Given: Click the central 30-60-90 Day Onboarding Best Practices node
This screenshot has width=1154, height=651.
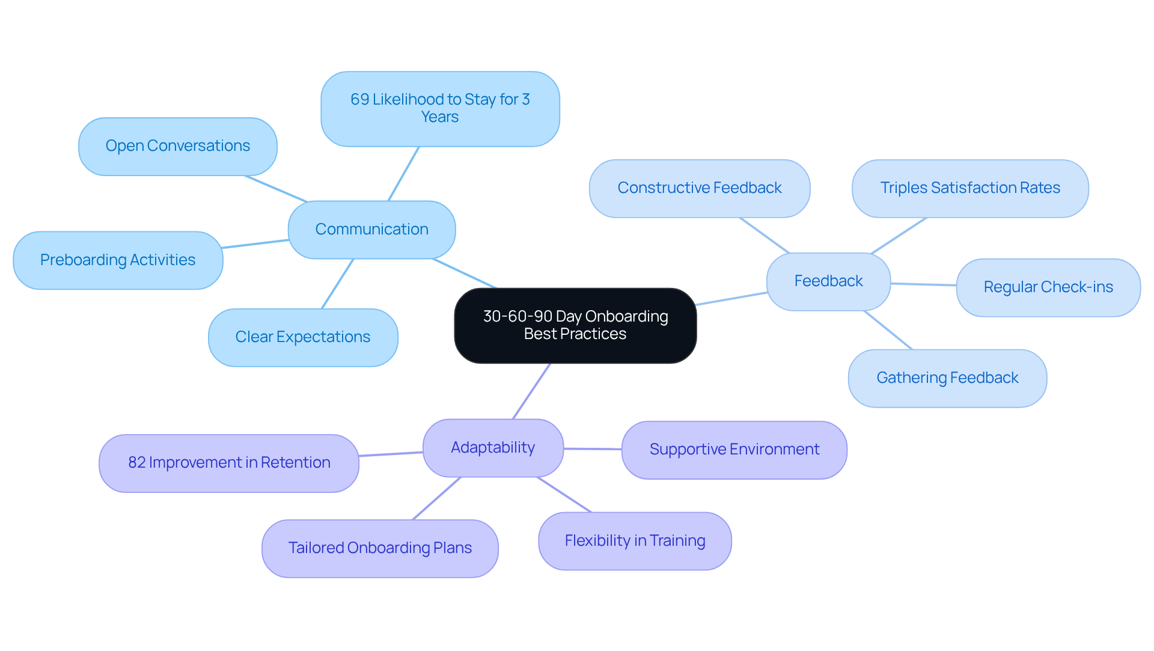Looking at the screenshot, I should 575,325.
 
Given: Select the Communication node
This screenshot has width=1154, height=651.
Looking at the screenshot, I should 371,230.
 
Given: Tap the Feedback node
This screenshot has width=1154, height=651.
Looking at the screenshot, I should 828,281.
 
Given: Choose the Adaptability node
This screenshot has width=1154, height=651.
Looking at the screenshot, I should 493,448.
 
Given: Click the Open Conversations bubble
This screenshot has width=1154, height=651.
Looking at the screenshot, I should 177,146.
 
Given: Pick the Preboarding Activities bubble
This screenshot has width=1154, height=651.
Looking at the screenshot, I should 118,260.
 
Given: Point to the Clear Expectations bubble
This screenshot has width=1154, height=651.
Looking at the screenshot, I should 303,337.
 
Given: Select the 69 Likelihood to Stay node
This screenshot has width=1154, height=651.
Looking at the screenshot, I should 440,109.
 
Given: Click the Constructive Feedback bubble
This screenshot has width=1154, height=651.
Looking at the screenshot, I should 700,188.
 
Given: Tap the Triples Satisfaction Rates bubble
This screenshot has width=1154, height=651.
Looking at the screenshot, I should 970,188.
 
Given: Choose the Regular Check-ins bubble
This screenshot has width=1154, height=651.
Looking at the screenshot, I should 1048,287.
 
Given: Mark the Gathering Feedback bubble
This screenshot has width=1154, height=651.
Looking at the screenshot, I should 947,378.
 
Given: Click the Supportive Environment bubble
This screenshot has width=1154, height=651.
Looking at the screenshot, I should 734,450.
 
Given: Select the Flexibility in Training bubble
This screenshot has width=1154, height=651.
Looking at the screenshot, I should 635,541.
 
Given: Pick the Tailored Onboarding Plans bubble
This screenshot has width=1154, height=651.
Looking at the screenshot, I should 380,548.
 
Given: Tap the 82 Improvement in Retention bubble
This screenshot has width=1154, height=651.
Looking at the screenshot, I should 229,463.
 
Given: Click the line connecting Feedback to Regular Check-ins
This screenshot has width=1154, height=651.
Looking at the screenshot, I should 923,284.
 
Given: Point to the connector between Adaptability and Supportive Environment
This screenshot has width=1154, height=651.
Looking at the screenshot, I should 593,449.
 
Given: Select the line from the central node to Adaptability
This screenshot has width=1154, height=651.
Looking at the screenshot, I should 531,391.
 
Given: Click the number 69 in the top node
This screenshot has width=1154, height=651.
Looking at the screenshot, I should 359,100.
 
